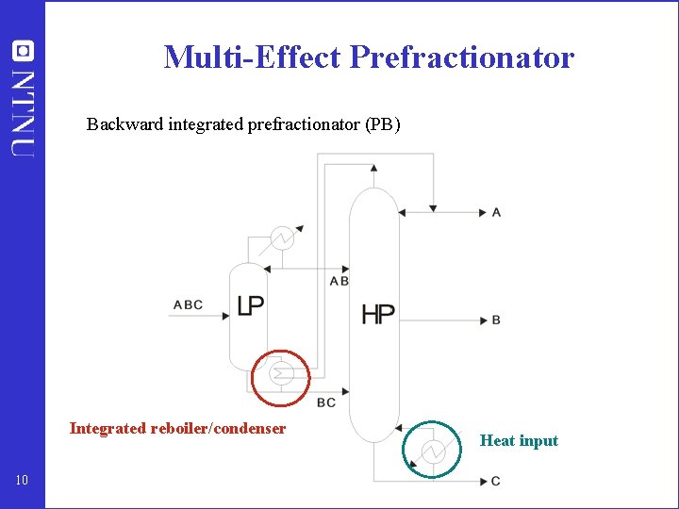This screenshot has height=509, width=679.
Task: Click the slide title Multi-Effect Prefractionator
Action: pos(369,57)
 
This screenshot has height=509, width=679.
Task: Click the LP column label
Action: pos(250,305)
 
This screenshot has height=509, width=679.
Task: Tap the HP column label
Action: pos(378,314)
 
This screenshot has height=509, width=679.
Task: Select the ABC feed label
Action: pos(188,304)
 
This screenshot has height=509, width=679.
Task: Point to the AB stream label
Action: pos(339,281)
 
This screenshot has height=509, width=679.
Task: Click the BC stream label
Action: pos(325,403)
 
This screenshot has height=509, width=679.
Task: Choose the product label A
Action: pos(496,212)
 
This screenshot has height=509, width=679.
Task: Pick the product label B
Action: pos(496,320)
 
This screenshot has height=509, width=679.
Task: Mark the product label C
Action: pos(496,482)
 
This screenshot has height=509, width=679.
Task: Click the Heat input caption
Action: pos(519,440)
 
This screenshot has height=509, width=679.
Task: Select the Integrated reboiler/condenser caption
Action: pos(177,429)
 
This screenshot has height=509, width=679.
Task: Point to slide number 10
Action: pos(23,482)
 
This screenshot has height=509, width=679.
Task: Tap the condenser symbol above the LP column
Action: pos(280,238)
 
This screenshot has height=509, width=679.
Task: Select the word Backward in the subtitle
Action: pos(125,123)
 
